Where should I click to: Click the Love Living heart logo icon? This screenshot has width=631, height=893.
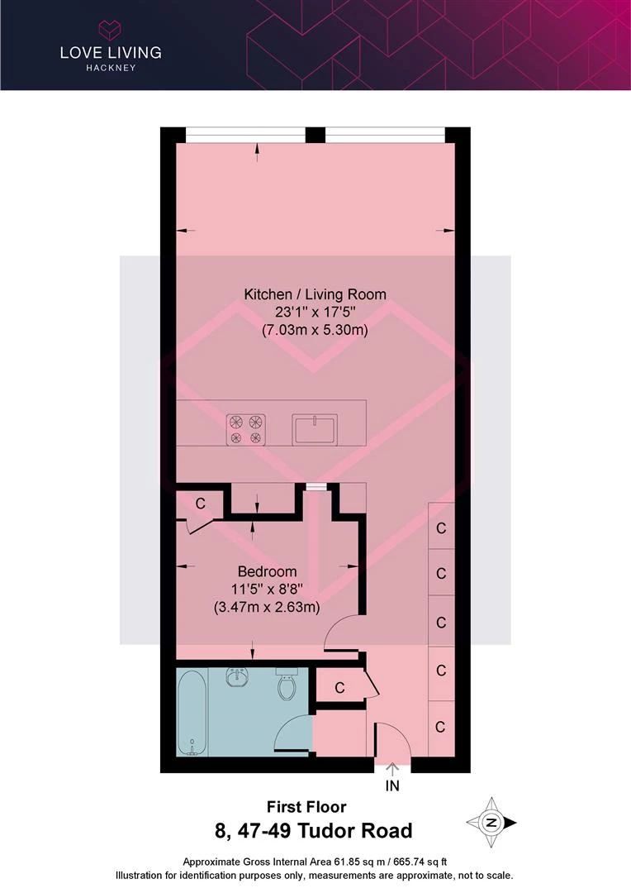tap(111, 30)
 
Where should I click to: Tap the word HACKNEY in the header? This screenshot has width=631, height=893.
tap(111, 68)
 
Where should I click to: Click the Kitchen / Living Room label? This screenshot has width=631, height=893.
tap(315, 294)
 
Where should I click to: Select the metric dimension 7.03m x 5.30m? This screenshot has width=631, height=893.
tap(315, 330)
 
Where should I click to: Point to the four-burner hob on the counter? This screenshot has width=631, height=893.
tap(246, 429)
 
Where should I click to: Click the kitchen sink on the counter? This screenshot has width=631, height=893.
tap(315, 429)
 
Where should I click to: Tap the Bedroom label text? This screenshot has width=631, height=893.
tap(267, 571)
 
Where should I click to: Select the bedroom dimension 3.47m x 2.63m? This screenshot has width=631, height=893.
tap(267, 607)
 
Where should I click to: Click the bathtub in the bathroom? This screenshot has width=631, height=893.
tap(192, 712)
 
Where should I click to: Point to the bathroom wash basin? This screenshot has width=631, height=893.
tap(238, 678)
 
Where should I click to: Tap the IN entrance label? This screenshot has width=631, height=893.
tap(392, 786)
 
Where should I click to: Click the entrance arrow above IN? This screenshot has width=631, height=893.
tap(392, 770)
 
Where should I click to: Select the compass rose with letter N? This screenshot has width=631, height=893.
tap(491, 823)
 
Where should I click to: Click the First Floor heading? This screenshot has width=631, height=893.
tap(306, 807)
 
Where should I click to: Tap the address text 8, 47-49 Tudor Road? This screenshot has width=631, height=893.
tap(314, 831)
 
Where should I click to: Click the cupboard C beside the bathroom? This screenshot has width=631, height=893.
tap(339, 688)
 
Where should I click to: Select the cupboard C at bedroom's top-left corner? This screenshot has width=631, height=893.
tap(200, 504)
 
